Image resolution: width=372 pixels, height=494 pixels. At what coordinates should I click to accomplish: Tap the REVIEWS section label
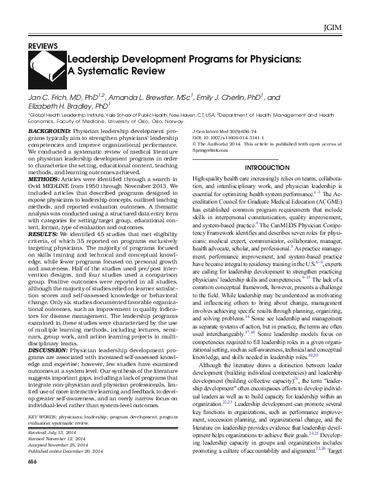point(43,46)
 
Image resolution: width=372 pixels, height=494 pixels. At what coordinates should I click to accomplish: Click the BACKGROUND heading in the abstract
point(50,132)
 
